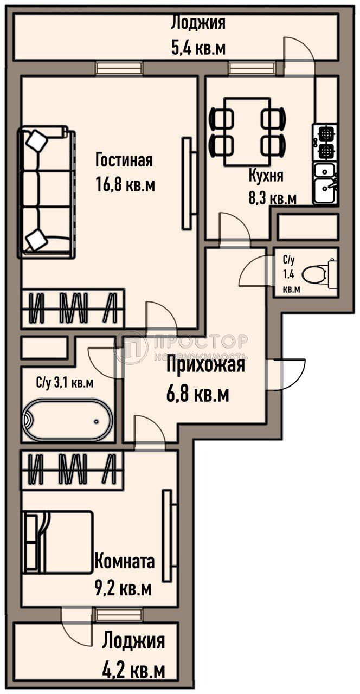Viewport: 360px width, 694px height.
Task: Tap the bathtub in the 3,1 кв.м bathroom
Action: (x=67, y=420)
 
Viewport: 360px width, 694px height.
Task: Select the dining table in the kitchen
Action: (x=247, y=131)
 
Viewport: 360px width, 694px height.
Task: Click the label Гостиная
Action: (x=124, y=160)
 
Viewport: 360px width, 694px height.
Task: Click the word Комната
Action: (x=124, y=561)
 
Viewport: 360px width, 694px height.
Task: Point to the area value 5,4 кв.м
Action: (x=198, y=49)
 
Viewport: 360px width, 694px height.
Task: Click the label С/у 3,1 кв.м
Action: (x=65, y=383)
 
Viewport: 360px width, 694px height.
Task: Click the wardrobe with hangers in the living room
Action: (x=73, y=309)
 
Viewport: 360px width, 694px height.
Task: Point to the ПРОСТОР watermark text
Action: (x=201, y=341)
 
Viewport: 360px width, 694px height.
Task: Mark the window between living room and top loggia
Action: (x=120, y=68)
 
